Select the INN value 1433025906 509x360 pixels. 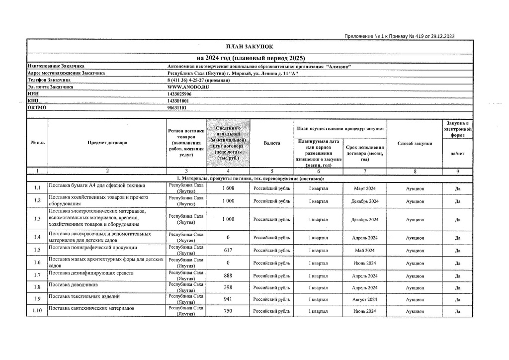pyautogui.click(x=179, y=93)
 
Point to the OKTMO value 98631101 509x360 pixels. pyautogui.click(x=177, y=107)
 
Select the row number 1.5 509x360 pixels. pyautogui.click(x=37, y=250)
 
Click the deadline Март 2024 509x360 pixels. pyautogui.click(x=364, y=188)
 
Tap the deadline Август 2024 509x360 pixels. pyautogui.click(x=364, y=299)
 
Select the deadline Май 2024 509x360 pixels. pyautogui.click(x=364, y=250)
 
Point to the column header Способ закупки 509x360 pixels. pyautogui.click(x=415, y=143)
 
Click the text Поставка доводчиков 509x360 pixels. pyautogui.click(x=70, y=285)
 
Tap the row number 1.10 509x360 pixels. pyautogui.click(x=37, y=311)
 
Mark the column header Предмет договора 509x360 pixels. pyautogui.click(x=107, y=143)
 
